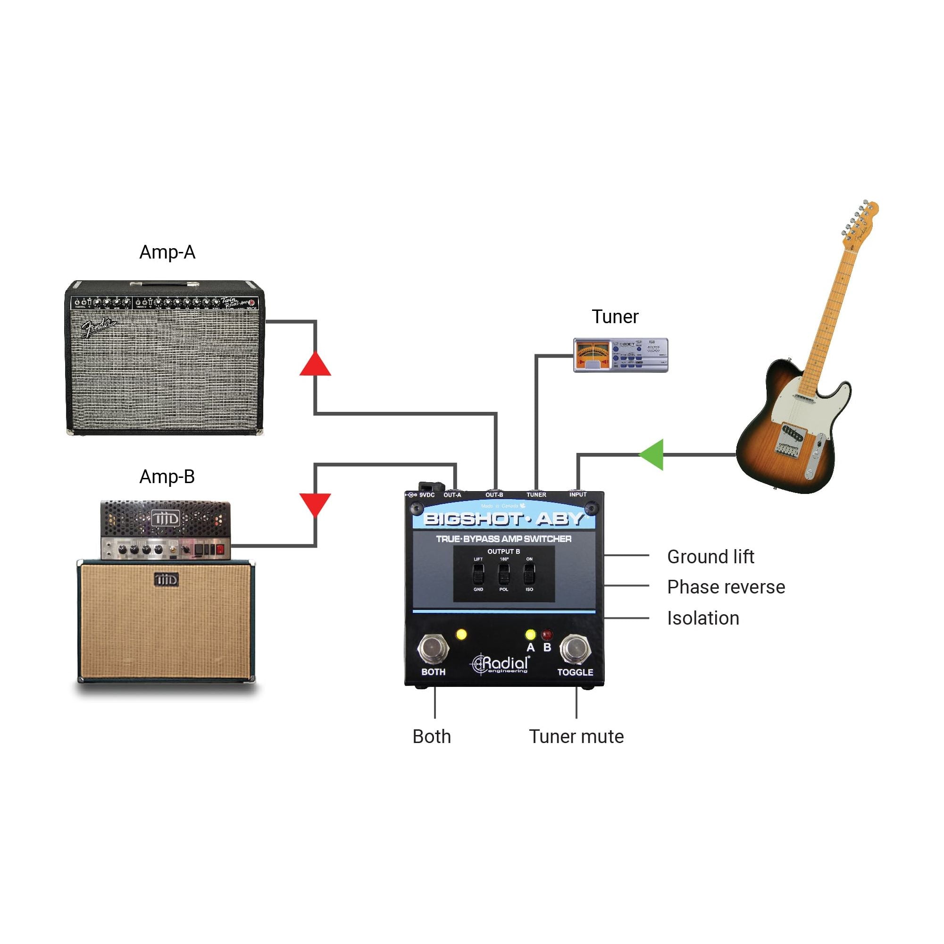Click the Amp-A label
167,252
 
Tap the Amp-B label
167,476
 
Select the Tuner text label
615,317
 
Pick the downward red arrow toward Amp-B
315,503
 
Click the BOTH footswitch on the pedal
433,648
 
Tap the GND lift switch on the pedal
478,574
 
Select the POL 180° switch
503,574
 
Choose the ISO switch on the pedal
529,574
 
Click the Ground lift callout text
710,557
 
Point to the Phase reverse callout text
726,587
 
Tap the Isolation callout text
703,618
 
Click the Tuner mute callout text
576,736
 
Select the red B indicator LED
547,635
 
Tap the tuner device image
620,355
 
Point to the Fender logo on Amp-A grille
99,327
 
